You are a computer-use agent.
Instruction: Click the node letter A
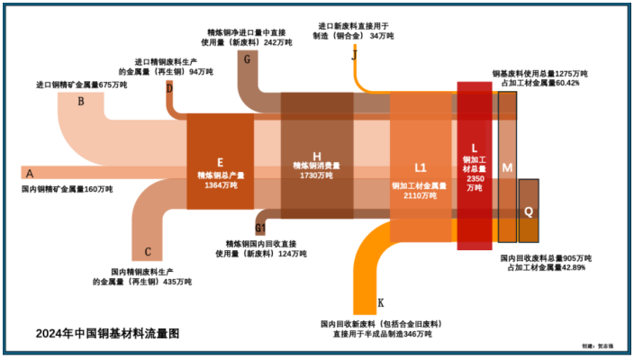tap(30, 173)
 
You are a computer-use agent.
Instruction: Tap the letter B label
tap(81, 102)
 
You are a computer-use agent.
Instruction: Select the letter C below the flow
tap(148, 253)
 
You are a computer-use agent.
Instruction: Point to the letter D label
tap(169, 87)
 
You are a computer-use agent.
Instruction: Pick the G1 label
tap(260, 229)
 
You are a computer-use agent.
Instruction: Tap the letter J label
tap(355, 55)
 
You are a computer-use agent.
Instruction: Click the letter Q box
tap(529, 211)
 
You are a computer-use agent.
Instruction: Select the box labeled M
tap(507, 168)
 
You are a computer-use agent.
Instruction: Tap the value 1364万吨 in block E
tap(220, 185)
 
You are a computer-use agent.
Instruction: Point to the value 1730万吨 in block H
tap(316, 176)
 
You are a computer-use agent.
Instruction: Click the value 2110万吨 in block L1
tap(419, 195)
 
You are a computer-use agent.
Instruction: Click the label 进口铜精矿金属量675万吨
tap(81, 85)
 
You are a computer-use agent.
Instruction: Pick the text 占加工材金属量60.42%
tap(539, 83)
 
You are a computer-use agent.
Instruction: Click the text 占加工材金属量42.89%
tap(542, 267)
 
